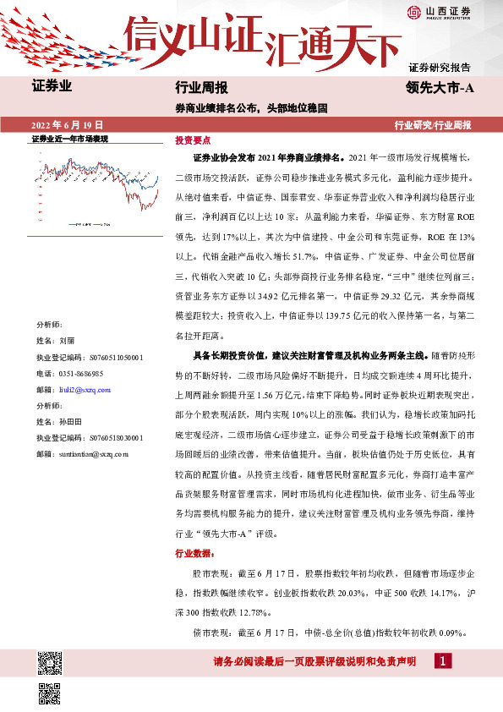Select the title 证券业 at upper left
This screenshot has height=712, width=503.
[52, 86]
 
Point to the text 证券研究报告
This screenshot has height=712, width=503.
[439, 67]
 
